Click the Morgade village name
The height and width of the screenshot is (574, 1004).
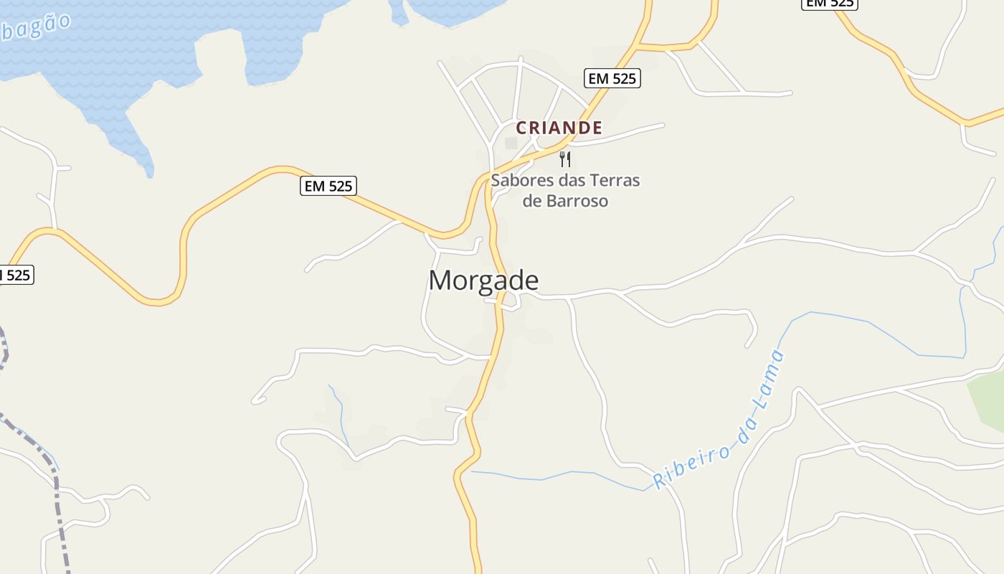[483, 281]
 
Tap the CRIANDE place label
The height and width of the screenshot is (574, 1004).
[559, 128]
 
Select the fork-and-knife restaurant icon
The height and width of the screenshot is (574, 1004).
[565, 159]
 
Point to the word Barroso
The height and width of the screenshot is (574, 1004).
[577, 201]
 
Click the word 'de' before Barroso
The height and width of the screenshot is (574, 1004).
[532, 201]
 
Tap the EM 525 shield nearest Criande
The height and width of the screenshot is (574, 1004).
[612, 78]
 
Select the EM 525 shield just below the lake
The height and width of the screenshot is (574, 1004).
[328, 187]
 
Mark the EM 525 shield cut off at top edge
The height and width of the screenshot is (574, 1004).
[829, 4]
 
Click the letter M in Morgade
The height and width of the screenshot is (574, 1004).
[440, 281]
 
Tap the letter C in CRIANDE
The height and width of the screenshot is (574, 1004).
[522, 128]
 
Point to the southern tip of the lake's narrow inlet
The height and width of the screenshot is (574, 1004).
[148, 173]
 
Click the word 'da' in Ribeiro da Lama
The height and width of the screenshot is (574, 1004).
[747, 429]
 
